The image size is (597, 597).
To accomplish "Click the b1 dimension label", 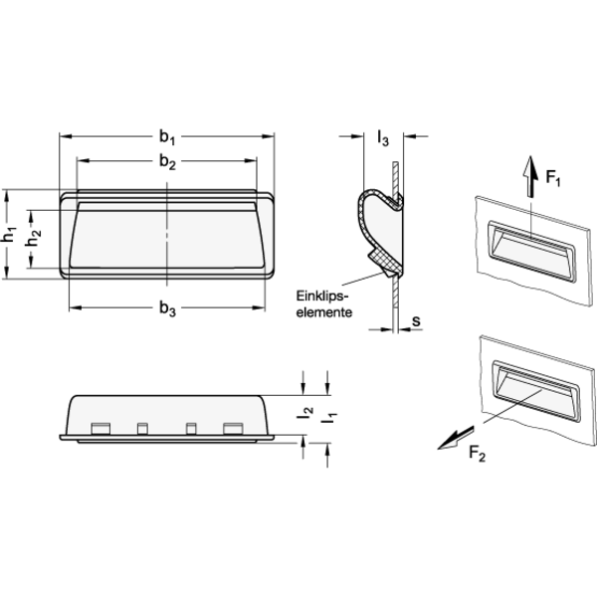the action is pos(167,137).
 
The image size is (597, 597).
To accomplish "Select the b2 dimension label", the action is pos(167,162).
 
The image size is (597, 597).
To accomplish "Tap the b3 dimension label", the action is pos(167,308).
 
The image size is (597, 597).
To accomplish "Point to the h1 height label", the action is pos(9,234).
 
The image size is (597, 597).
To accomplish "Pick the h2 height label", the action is pos(34,239).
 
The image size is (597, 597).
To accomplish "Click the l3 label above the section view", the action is pos(383,138).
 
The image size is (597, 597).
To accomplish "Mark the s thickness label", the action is pos(416,321).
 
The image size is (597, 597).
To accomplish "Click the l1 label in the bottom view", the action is pos(329,418).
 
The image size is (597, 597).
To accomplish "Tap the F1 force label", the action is pos(553,177).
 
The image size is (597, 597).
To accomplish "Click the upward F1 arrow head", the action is pos(530,164).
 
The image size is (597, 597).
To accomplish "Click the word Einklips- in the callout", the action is pos(322,296).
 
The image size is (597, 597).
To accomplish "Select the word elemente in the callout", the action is pos(324,312).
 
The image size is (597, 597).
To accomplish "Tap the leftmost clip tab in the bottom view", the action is pos(100,428).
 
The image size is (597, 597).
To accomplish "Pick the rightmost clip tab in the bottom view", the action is pos(233,428).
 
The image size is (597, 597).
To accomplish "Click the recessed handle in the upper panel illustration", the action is pos(531,251).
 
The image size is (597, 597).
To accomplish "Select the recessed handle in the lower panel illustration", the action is pos(535,391).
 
